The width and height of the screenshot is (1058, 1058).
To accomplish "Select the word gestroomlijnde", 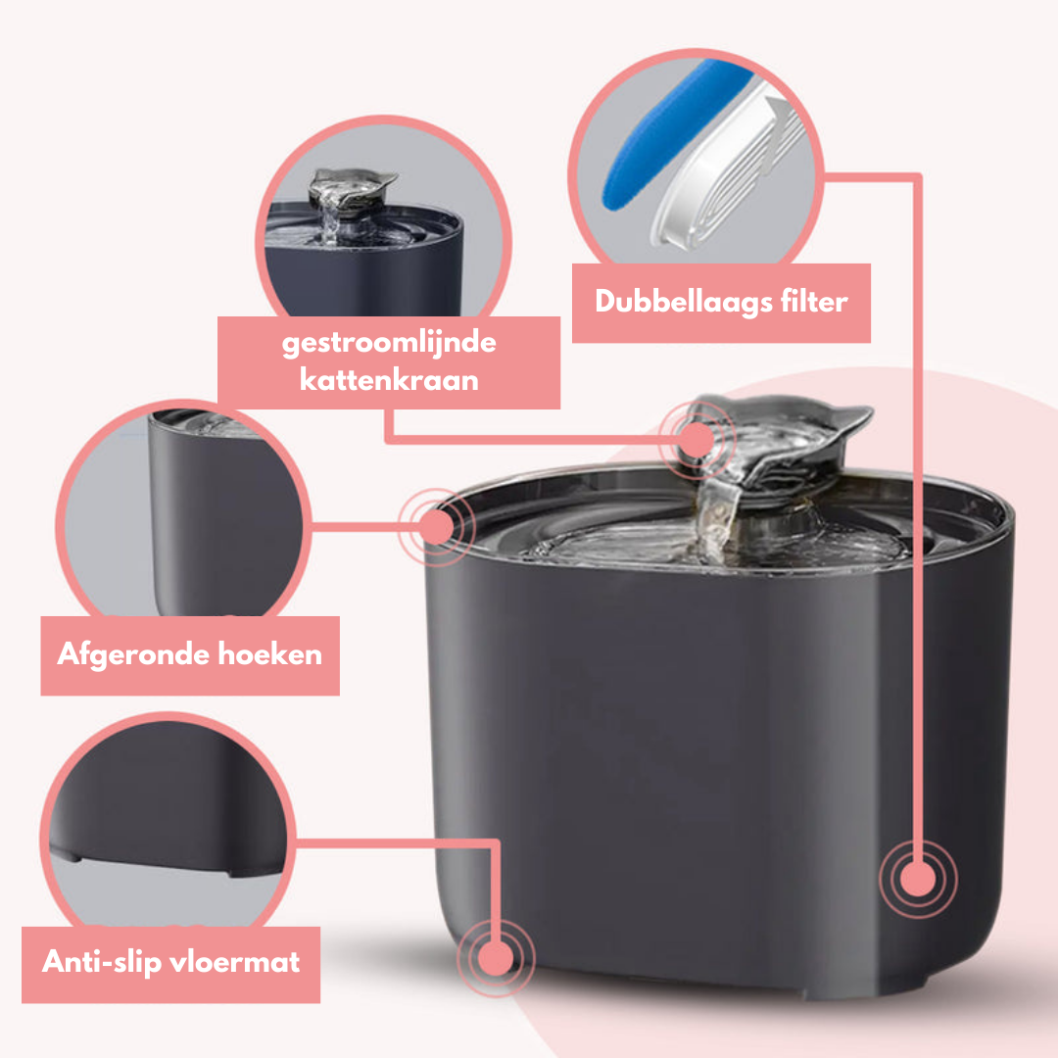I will (389, 345).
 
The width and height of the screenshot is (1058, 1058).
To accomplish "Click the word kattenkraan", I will (389, 379).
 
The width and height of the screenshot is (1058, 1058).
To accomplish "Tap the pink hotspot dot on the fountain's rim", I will (436, 528).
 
